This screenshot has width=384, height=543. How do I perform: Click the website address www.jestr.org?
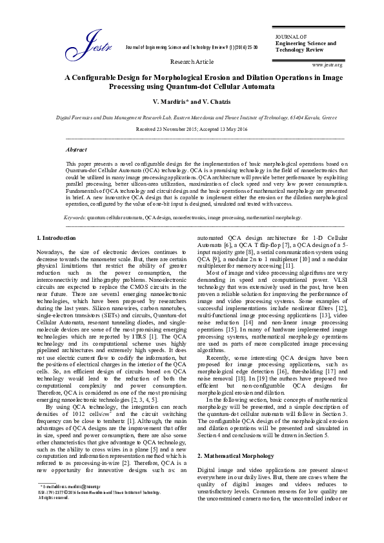[327, 65]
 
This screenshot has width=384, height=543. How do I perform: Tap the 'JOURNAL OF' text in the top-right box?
[290, 37]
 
